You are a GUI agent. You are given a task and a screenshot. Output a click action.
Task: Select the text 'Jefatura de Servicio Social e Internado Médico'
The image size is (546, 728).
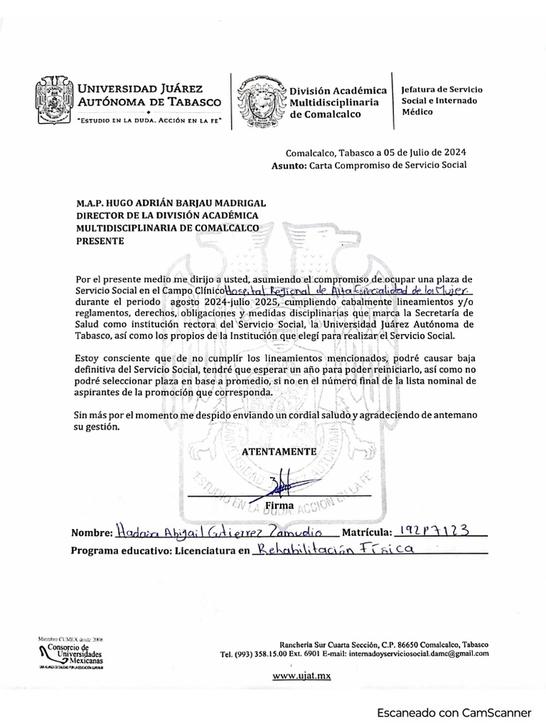coord(441,100)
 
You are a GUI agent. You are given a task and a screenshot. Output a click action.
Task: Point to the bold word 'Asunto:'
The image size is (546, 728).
coord(287,165)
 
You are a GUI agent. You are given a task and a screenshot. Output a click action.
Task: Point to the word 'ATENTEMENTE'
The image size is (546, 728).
coord(279,451)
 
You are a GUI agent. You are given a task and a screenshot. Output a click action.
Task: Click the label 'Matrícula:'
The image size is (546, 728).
coord(367,532)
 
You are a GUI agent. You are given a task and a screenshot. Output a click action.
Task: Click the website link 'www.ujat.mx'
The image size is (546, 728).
coord(301,675)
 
